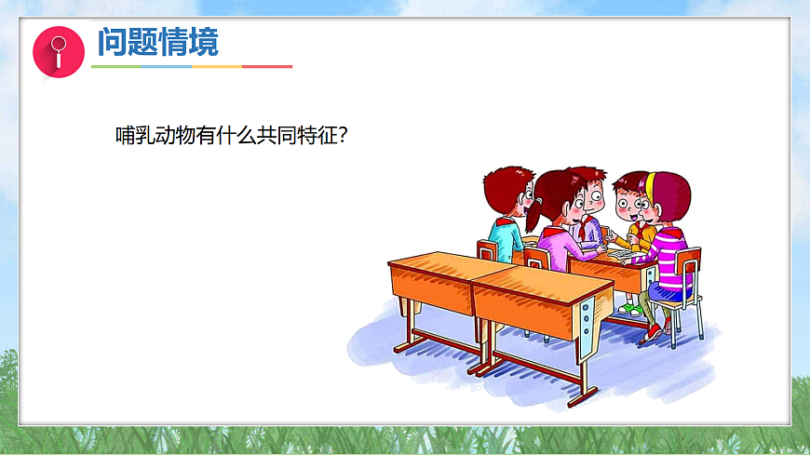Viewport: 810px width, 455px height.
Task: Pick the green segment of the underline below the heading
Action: coord(116,67)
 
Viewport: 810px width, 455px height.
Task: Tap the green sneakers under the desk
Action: coord(630,308)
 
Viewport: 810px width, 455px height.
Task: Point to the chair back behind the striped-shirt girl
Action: coord(689,265)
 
